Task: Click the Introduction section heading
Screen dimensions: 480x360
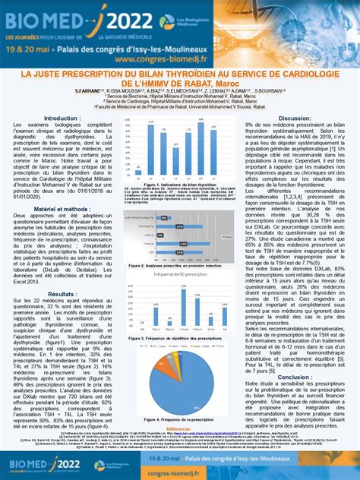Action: [62, 118]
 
